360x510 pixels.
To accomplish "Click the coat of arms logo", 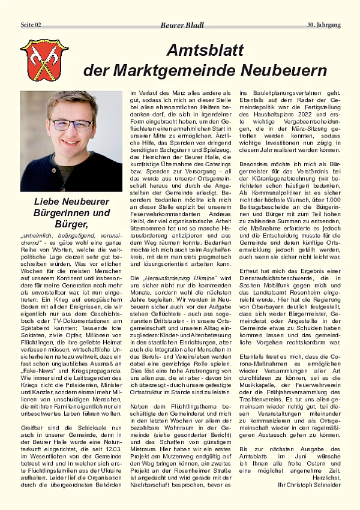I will [x=36, y=60].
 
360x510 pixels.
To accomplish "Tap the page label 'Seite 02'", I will [x=31, y=25].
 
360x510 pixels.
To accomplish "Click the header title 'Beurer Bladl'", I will [x=182, y=25].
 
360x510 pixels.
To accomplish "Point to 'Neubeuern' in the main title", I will [x=284, y=70].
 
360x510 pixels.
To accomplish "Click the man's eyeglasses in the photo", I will [x=71, y=124].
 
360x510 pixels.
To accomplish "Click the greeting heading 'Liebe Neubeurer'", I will [x=71, y=202].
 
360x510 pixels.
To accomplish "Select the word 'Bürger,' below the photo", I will [x=71, y=224].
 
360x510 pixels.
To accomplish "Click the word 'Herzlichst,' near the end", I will [x=325, y=476].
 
